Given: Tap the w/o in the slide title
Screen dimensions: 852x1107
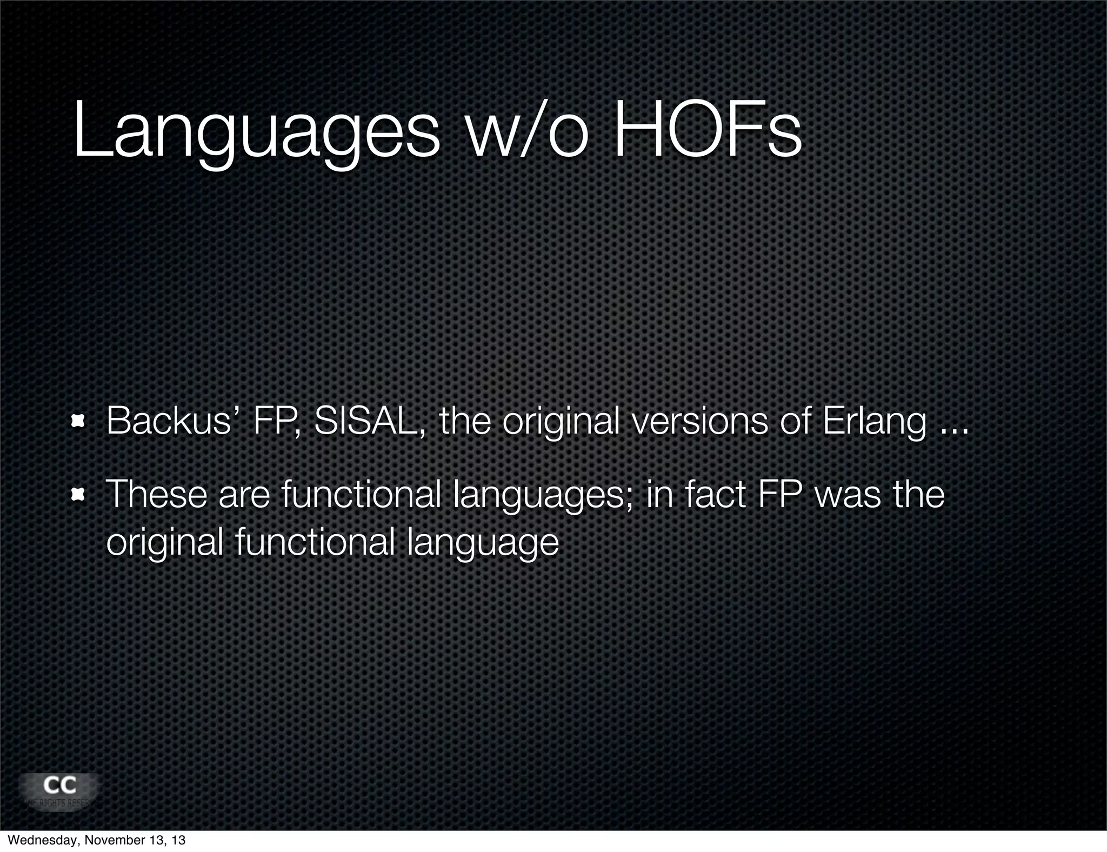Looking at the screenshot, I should coord(526,133).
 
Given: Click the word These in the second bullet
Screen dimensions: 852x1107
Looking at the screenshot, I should coord(157,494).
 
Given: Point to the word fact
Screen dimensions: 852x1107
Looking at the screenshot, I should coord(715,494).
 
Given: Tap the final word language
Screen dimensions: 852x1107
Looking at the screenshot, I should coord(483,543).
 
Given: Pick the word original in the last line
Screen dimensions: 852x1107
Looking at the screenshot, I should coord(165,543).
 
